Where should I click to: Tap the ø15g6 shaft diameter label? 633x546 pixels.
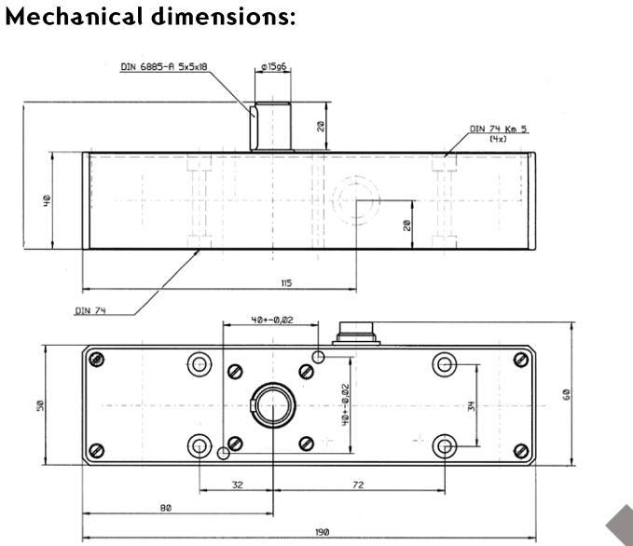coord(272,67)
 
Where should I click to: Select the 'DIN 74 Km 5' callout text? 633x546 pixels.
coord(498,130)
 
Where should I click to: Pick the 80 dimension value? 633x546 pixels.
coord(166,508)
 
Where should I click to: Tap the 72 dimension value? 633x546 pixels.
coord(358,485)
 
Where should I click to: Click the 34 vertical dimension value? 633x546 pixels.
coord(472,406)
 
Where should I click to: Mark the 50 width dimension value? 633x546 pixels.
coord(39,405)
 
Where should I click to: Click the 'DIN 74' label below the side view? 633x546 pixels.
coord(88,311)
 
